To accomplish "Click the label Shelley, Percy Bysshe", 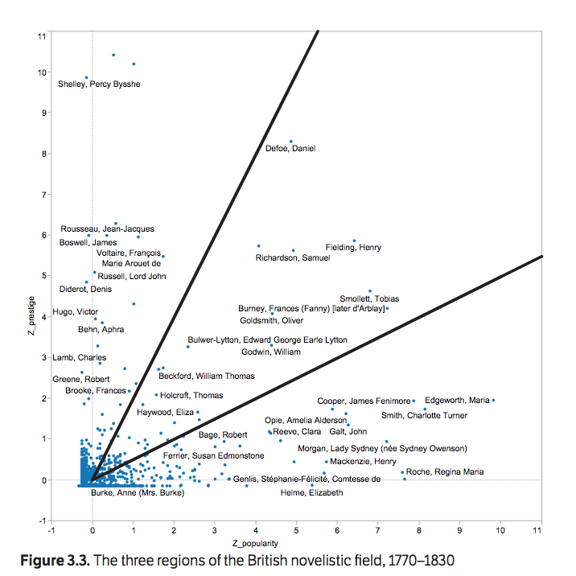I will pos(99,84).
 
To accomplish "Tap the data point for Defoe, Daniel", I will pos(291,142).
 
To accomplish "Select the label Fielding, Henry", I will pos(353,248).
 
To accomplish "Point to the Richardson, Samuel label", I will pos(293,258).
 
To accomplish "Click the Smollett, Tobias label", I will pos(369,299).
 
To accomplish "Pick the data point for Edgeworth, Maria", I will pos(493,400).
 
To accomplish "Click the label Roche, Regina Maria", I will pos(445,472).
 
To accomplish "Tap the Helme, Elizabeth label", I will pos(311,492).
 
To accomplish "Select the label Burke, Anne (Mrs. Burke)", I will pos(138,492).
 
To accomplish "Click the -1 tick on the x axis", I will pos(51,531).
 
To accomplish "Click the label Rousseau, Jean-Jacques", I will pos(107,229).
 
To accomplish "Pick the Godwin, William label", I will pos(271,352).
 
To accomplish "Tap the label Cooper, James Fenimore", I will pos(363,401).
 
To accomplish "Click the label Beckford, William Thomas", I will pos(206,376).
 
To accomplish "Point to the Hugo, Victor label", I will pos(75,312).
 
